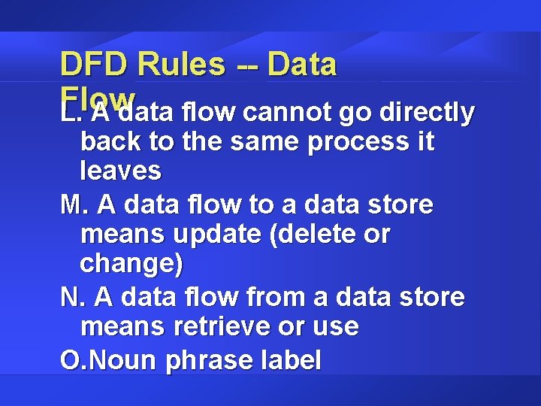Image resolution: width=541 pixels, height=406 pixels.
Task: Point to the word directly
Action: pos(429,112)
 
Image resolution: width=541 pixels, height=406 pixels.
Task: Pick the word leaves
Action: pos(120,171)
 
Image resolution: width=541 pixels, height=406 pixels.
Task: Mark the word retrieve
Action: pos(237,327)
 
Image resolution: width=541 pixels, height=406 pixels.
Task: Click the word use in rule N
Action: pos(338,328)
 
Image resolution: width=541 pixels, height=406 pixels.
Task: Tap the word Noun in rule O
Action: pos(123,360)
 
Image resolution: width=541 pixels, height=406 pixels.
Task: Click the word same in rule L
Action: pos(255,141)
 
